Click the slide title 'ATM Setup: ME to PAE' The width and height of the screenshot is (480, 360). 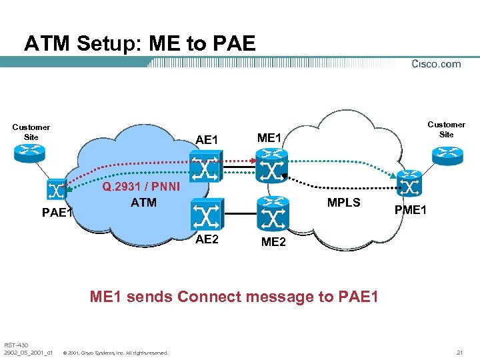[x=139, y=43]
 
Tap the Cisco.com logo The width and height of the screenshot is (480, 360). [x=436, y=64]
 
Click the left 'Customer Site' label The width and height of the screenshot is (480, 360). [x=31, y=132]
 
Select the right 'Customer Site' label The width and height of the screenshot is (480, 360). [x=446, y=129]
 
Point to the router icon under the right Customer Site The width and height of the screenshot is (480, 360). [x=446, y=154]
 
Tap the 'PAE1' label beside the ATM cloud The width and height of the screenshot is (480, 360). [x=57, y=213]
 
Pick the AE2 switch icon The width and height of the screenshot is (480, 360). [x=204, y=215]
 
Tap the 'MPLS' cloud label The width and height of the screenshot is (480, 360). [x=343, y=203]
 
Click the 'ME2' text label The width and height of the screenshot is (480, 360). [x=273, y=242]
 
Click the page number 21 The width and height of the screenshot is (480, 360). [x=459, y=352]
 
